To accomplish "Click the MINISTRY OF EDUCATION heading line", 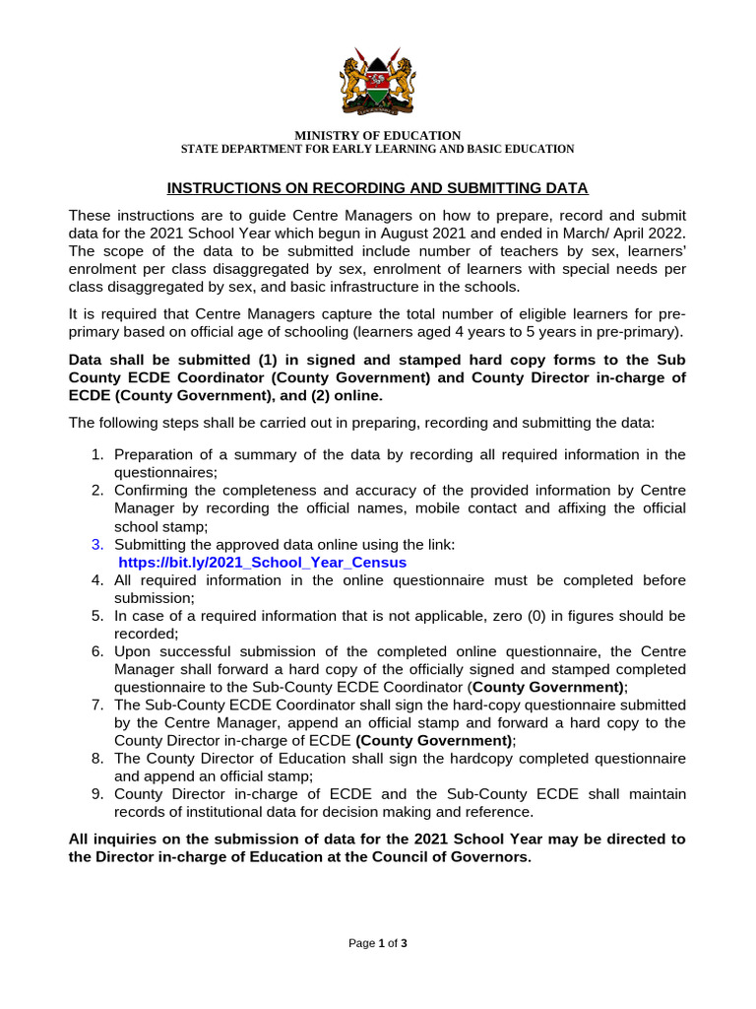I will tap(378, 135).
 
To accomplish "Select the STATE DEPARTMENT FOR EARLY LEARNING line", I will tap(377, 149).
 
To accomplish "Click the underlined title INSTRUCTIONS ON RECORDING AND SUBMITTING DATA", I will tap(377, 187).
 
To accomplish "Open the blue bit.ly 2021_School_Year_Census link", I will tap(262, 563).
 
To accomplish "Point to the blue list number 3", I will tap(96, 545).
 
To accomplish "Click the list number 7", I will tap(96, 705).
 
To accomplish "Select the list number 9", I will tap(96, 794).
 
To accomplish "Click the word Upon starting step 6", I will tap(132, 651).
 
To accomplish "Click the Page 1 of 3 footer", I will tap(378, 943).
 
